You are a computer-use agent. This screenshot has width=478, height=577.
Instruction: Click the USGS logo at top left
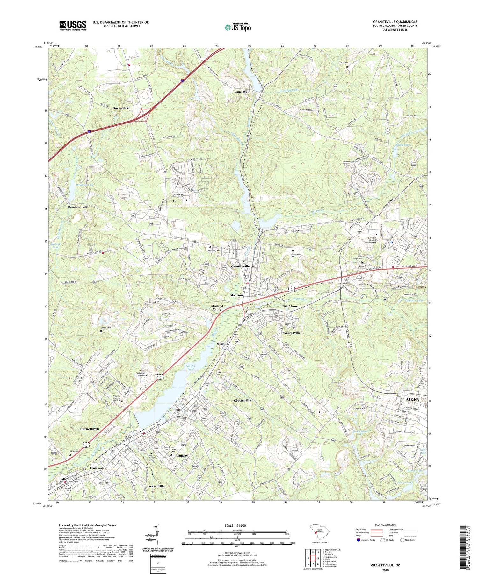73,25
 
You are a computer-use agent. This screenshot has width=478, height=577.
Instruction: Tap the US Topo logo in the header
237,27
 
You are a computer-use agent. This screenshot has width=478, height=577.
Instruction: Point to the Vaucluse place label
241,91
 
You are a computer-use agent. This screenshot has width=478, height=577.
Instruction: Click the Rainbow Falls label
78,207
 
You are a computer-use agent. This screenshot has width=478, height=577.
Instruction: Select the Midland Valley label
217,307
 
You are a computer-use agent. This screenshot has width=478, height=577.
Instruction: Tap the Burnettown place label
90,429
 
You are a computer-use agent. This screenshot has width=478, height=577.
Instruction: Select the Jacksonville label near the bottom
156,486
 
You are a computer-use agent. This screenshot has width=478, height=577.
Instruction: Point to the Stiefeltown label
291,306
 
